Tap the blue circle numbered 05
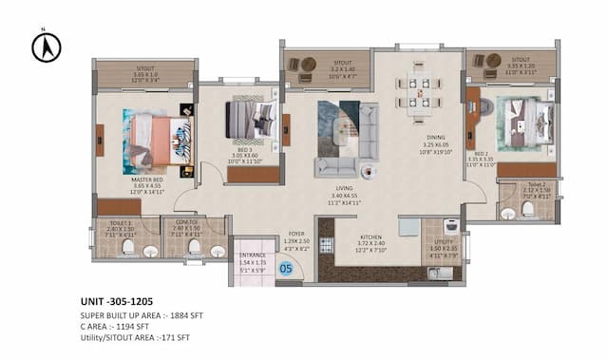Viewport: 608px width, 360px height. coord(285,269)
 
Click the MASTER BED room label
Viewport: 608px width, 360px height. coord(145,178)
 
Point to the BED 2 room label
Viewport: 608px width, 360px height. coord(481,153)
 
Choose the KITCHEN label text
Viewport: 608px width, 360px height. coord(371,237)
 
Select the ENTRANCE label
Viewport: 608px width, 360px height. coord(252,255)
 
